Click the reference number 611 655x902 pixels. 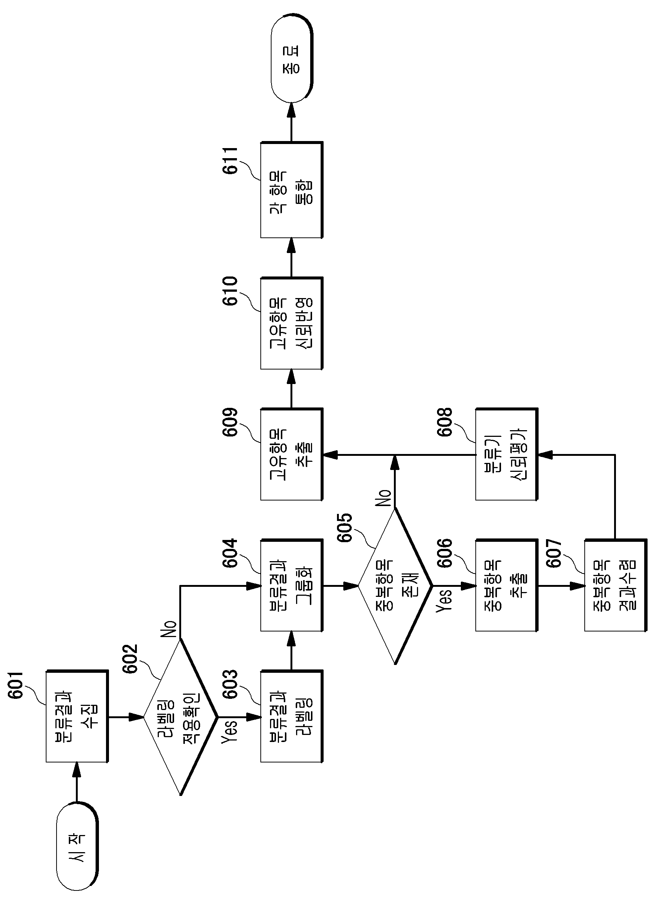click(x=230, y=161)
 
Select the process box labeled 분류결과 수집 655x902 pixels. click(x=77, y=716)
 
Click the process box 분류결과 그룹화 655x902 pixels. click(x=292, y=585)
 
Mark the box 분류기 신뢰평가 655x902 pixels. click(x=507, y=454)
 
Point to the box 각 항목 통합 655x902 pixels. click(x=292, y=190)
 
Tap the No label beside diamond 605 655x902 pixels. click(x=383, y=498)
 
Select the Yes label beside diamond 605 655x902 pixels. click(x=444, y=600)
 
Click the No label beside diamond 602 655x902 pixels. click(x=169, y=629)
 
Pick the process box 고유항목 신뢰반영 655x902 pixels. click(x=292, y=323)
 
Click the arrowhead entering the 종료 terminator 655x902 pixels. click(x=292, y=109)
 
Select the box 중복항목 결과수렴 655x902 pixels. click(x=615, y=585)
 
